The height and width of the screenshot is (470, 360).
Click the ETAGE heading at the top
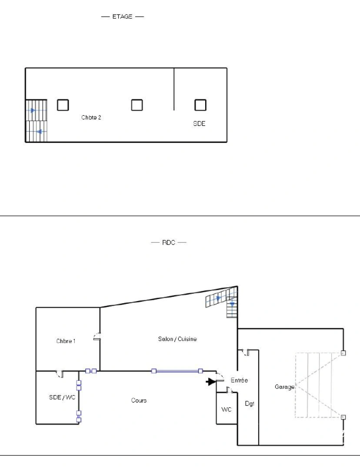[122, 17]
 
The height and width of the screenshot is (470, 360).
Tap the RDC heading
[168, 242]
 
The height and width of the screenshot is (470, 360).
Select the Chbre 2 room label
[91, 117]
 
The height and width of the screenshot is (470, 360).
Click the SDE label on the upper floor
[199, 124]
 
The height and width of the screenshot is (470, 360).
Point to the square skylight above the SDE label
[200, 105]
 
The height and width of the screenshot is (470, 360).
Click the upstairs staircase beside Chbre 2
[36, 121]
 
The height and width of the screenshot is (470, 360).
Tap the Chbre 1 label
[66, 341]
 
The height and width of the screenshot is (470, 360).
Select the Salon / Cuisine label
[177, 339]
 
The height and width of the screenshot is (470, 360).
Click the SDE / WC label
[62, 397]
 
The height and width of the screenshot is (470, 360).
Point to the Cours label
[139, 400]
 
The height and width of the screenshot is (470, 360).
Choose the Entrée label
[239, 380]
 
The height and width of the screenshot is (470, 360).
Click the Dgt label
[249, 404]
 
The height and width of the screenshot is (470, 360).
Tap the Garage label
[284, 386]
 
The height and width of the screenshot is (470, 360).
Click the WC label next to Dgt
[227, 410]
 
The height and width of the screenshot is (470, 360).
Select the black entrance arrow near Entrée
[211, 382]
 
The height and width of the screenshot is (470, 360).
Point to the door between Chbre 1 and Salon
[98, 337]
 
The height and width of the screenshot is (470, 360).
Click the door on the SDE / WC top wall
[60, 373]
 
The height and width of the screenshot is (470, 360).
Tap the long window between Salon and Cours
[177, 371]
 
